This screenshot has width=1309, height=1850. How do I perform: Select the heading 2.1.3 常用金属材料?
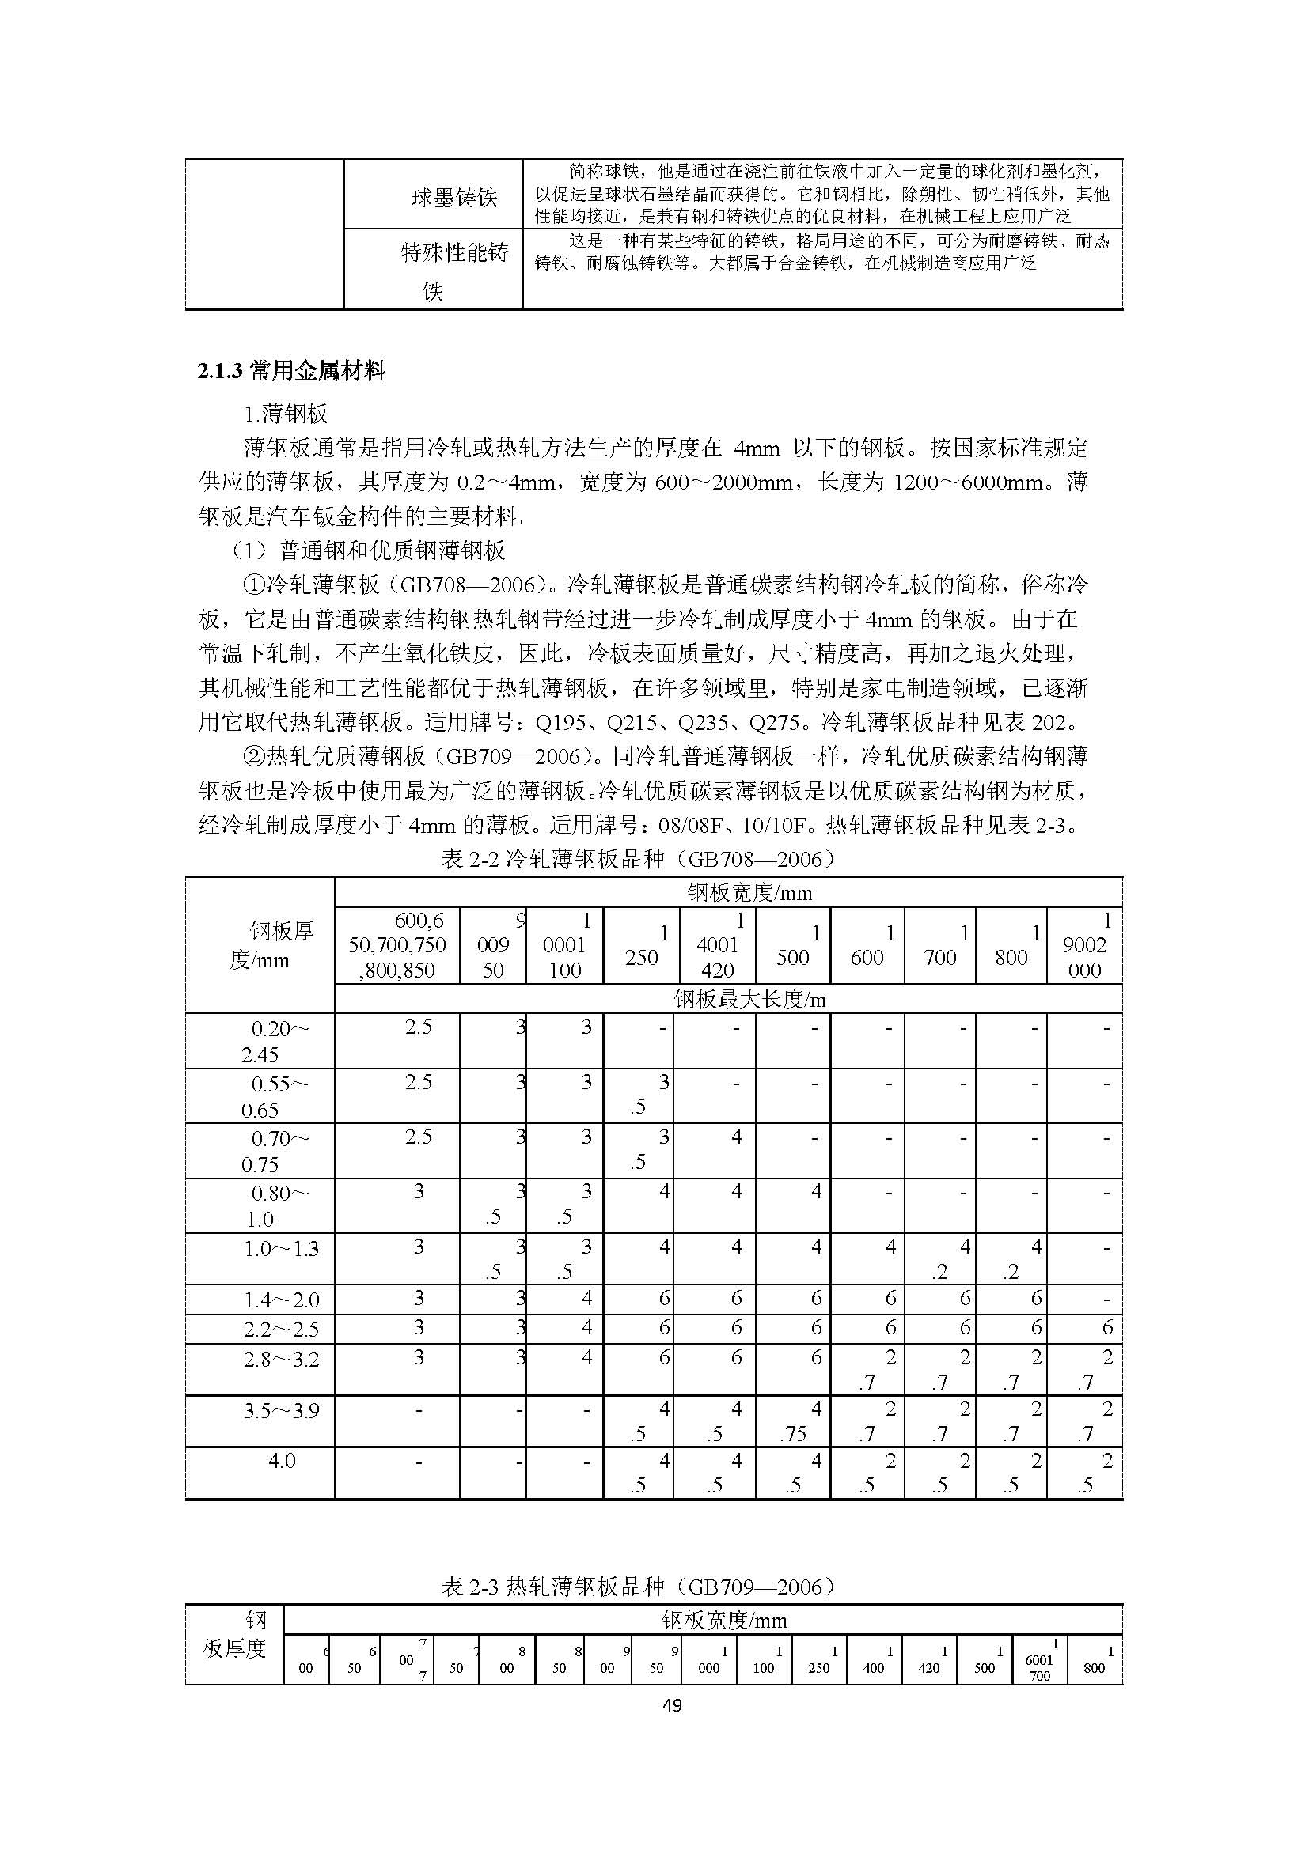(292, 372)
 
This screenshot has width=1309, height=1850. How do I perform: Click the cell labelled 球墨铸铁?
(454, 199)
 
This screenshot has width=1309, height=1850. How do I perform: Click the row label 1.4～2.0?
(282, 1300)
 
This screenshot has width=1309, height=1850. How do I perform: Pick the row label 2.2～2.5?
(282, 1329)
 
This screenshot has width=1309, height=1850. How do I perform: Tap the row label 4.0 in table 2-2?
(282, 1461)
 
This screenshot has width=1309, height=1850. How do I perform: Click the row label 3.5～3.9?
(282, 1410)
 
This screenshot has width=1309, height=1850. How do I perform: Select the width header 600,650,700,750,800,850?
(397, 945)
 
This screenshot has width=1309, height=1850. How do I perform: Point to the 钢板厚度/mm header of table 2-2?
(260, 945)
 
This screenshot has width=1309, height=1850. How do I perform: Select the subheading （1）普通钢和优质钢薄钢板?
(368, 550)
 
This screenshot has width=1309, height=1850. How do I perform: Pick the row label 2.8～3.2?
(282, 1360)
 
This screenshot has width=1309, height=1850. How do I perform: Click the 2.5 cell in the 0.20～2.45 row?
(419, 1027)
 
